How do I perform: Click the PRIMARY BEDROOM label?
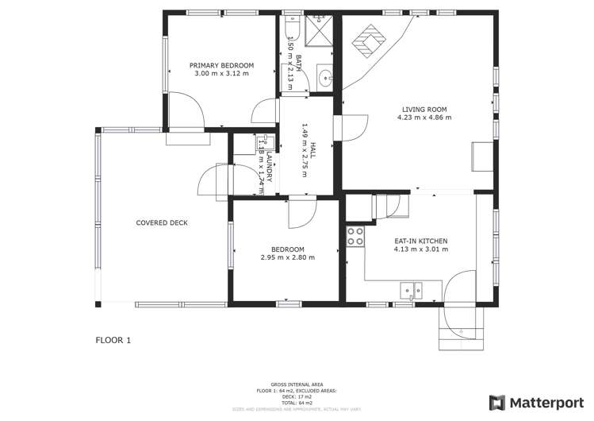[221, 64]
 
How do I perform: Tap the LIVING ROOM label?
[424, 109]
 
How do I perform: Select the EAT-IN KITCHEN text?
[421, 241]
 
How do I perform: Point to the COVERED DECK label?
[162, 223]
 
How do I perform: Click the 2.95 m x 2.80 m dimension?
[287, 257]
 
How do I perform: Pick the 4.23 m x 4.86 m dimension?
[424, 118]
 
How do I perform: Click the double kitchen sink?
[411, 291]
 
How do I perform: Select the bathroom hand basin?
[326, 78]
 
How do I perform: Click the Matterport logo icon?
[496, 402]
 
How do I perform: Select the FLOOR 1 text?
[113, 340]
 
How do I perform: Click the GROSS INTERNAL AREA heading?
[296, 382]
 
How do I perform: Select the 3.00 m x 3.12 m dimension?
[221, 73]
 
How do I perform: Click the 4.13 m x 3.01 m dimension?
[421, 249]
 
